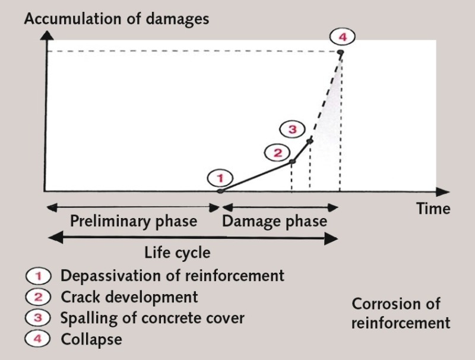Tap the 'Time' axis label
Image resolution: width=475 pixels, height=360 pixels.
[x=432, y=209]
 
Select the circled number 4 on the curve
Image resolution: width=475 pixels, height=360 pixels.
[x=343, y=37]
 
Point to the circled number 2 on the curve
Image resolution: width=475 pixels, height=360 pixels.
[x=278, y=153]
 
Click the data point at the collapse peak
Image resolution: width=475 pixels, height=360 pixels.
[x=340, y=52]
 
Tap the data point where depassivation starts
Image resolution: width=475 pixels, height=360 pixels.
[x=220, y=191]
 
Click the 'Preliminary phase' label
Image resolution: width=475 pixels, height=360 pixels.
[x=134, y=222]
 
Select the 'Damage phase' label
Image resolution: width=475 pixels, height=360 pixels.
[x=274, y=222]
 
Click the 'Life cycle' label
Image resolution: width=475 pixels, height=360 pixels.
[x=178, y=252]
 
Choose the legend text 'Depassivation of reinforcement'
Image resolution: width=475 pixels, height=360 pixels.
[x=172, y=276]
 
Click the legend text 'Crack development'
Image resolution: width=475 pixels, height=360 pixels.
[x=129, y=296]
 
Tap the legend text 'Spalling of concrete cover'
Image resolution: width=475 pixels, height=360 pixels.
[x=153, y=318]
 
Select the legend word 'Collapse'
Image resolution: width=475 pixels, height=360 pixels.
[x=91, y=340]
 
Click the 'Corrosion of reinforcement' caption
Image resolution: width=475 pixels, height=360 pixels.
[x=401, y=314]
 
